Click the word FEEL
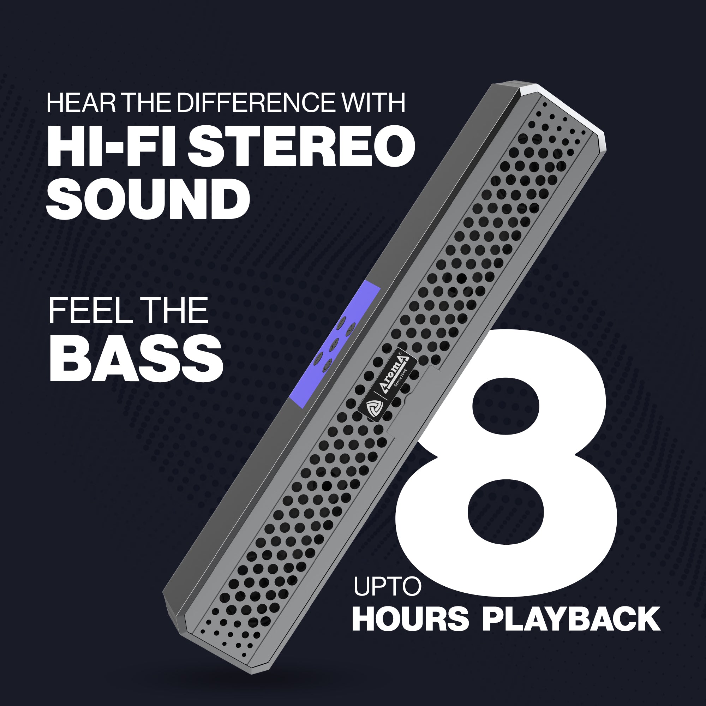pyautogui.click(x=91, y=310)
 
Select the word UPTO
pyautogui.click(x=387, y=586)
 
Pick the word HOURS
pyautogui.click(x=410, y=619)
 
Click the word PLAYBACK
pyautogui.click(x=571, y=619)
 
